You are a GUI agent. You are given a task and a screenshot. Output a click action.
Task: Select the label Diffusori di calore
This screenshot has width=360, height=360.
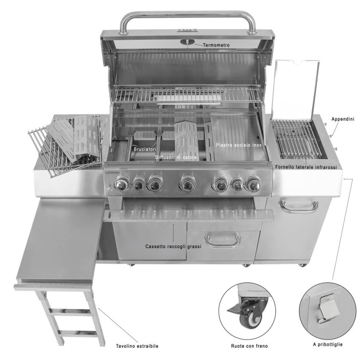(x=179, y=157)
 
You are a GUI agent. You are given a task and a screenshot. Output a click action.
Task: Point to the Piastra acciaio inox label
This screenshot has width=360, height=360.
(x=239, y=146)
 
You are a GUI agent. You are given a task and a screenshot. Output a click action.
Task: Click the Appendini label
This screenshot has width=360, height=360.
(x=342, y=119)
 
